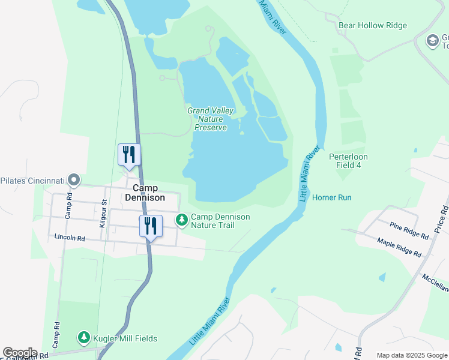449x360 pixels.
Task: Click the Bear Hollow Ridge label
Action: point(373,25)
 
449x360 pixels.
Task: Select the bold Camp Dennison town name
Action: point(145,192)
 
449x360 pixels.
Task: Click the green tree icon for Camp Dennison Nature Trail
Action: point(181,221)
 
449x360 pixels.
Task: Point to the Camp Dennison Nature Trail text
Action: point(220,221)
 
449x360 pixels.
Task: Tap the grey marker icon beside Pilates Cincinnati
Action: point(73,180)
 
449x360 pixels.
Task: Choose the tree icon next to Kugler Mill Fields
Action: point(84,338)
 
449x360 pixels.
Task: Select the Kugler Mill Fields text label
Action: point(125,338)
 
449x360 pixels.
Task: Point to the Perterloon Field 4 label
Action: point(348,161)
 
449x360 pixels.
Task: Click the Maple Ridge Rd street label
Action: point(399,246)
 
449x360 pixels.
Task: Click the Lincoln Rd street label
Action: point(70,238)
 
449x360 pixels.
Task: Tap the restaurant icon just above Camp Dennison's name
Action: point(129,155)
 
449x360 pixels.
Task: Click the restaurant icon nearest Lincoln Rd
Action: point(151,226)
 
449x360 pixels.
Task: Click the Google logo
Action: point(20,353)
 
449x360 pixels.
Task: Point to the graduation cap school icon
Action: point(432,41)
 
